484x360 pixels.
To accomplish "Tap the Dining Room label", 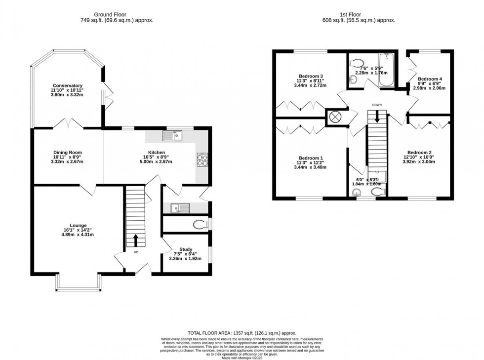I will (68, 153).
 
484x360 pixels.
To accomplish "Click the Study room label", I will (186, 249).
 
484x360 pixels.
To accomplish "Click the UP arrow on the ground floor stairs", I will (135, 240).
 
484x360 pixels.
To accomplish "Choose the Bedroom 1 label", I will (310, 158).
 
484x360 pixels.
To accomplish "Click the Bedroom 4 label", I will (429, 79).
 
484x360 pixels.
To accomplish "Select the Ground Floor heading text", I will (117, 14).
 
